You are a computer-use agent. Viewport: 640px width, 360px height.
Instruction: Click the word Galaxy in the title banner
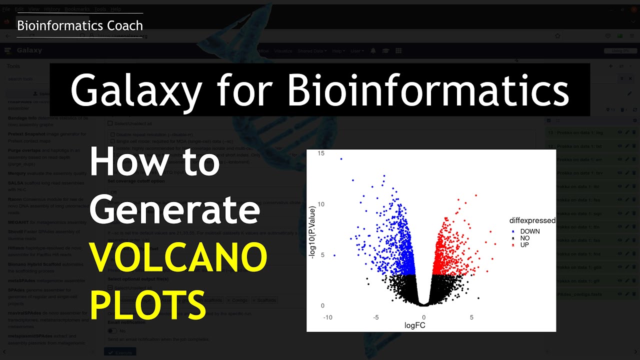click(x=135, y=90)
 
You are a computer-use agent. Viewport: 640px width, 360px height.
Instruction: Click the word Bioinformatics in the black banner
click(x=428, y=90)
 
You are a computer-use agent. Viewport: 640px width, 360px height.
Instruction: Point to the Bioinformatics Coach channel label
click(x=80, y=25)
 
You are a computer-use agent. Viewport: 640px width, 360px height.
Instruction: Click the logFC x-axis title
click(x=414, y=325)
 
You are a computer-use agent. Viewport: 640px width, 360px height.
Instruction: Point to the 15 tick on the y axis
click(x=321, y=153)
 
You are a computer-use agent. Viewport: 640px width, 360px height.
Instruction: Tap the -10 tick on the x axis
click(x=328, y=317)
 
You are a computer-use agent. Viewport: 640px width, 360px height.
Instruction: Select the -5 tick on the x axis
click(x=375, y=317)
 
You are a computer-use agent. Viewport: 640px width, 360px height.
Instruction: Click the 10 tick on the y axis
click(x=321, y=204)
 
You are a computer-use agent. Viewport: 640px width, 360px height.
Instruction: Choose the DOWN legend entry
click(x=529, y=231)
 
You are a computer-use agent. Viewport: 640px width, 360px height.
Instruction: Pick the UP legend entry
click(x=524, y=245)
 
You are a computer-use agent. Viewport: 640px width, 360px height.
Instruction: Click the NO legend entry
click(x=524, y=238)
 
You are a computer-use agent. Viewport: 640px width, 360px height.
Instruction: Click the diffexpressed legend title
click(x=532, y=220)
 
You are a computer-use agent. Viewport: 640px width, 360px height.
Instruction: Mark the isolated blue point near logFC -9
click(x=334, y=255)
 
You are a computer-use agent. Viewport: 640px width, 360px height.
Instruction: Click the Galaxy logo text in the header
click(x=29, y=50)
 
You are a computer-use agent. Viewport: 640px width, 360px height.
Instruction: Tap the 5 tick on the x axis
click(x=471, y=317)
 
